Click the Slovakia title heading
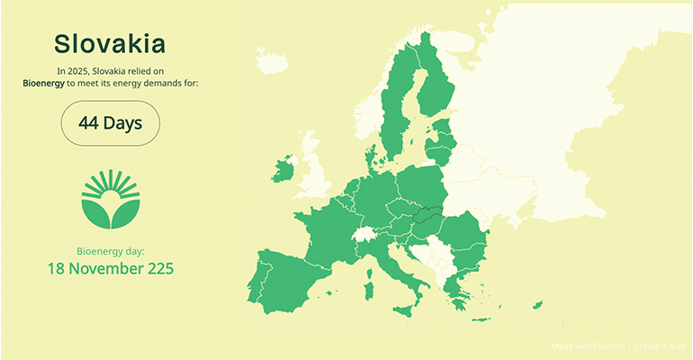pyautogui.click(x=110, y=43)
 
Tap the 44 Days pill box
pyautogui.click(x=110, y=123)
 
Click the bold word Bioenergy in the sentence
pyautogui.click(x=43, y=83)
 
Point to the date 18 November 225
pyautogui.click(x=110, y=268)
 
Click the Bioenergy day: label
pyautogui.click(x=110, y=251)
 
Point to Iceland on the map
pyautogui.click(x=271, y=62)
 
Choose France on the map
pyautogui.click(x=324, y=229)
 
